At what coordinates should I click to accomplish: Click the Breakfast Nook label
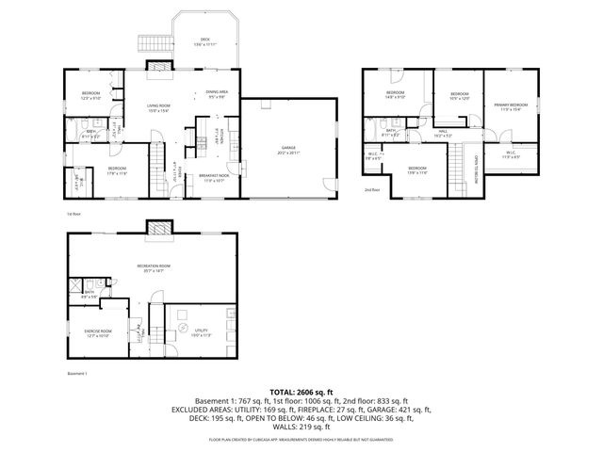pyautogui.click(x=214, y=177)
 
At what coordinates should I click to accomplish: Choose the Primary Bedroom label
pyautogui.click(x=513, y=105)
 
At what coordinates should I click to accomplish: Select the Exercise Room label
pyautogui.click(x=98, y=332)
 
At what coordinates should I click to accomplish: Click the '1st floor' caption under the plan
pyautogui.click(x=73, y=215)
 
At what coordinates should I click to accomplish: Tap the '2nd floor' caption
pyautogui.click(x=371, y=189)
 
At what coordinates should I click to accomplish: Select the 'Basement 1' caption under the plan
pyautogui.click(x=77, y=374)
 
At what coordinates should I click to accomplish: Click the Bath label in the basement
pyautogui.click(x=90, y=294)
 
